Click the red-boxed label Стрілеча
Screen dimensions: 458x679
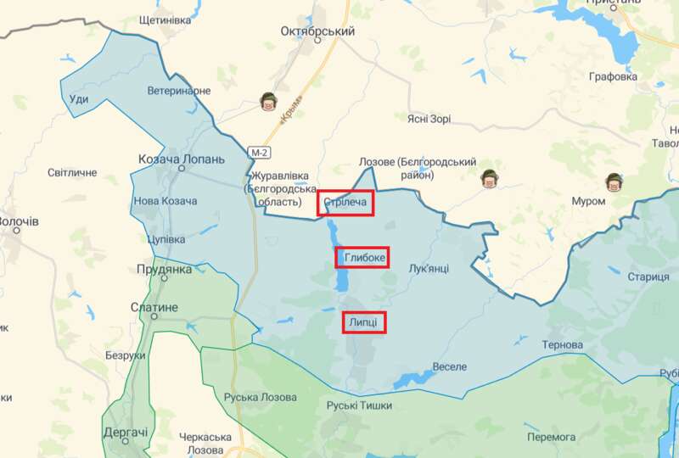[x=346, y=203]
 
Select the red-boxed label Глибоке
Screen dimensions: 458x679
[x=365, y=257]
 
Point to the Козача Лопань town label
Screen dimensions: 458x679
[x=182, y=159]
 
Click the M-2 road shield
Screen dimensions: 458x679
[x=259, y=151]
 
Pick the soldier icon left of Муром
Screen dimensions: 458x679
[x=487, y=178]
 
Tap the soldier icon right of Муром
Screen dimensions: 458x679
[x=614, y=182]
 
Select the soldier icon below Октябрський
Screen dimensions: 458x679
[x=268, y=103]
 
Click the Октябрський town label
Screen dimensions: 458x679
[x=317, y=31]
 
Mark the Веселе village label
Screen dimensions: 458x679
[x=450, y=366]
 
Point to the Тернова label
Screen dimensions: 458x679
[x=563, y=345]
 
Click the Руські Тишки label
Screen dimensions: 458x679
[x=361, y=405]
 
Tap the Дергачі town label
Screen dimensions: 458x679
[x=126, y=433]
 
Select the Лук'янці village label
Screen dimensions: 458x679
[x=429, y=268]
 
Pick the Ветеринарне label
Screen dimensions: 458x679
[x=178, y=90]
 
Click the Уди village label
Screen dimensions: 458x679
[x=78, y=99]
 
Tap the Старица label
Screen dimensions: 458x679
[x=648, y=277]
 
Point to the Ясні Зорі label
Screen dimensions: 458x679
[x=429, y=119]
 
